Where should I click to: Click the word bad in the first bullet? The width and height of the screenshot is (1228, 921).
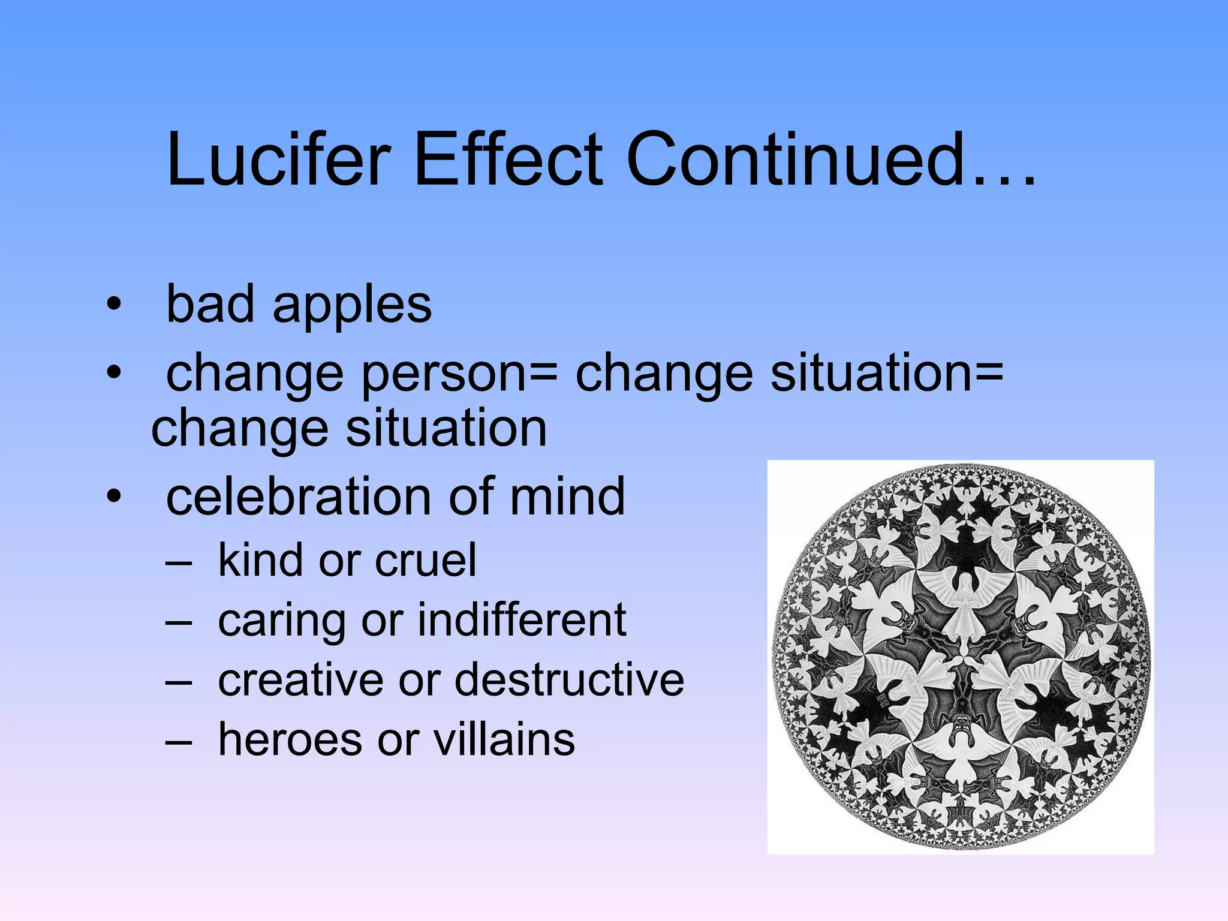coord(210,305)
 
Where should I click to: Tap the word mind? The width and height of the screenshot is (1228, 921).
coord(567,496)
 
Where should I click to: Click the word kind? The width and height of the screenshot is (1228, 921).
coord(260,560)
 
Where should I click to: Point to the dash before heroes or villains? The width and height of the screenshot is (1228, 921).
coord(178,742)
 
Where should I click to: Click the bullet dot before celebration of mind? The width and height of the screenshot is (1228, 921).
coord(113,496)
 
